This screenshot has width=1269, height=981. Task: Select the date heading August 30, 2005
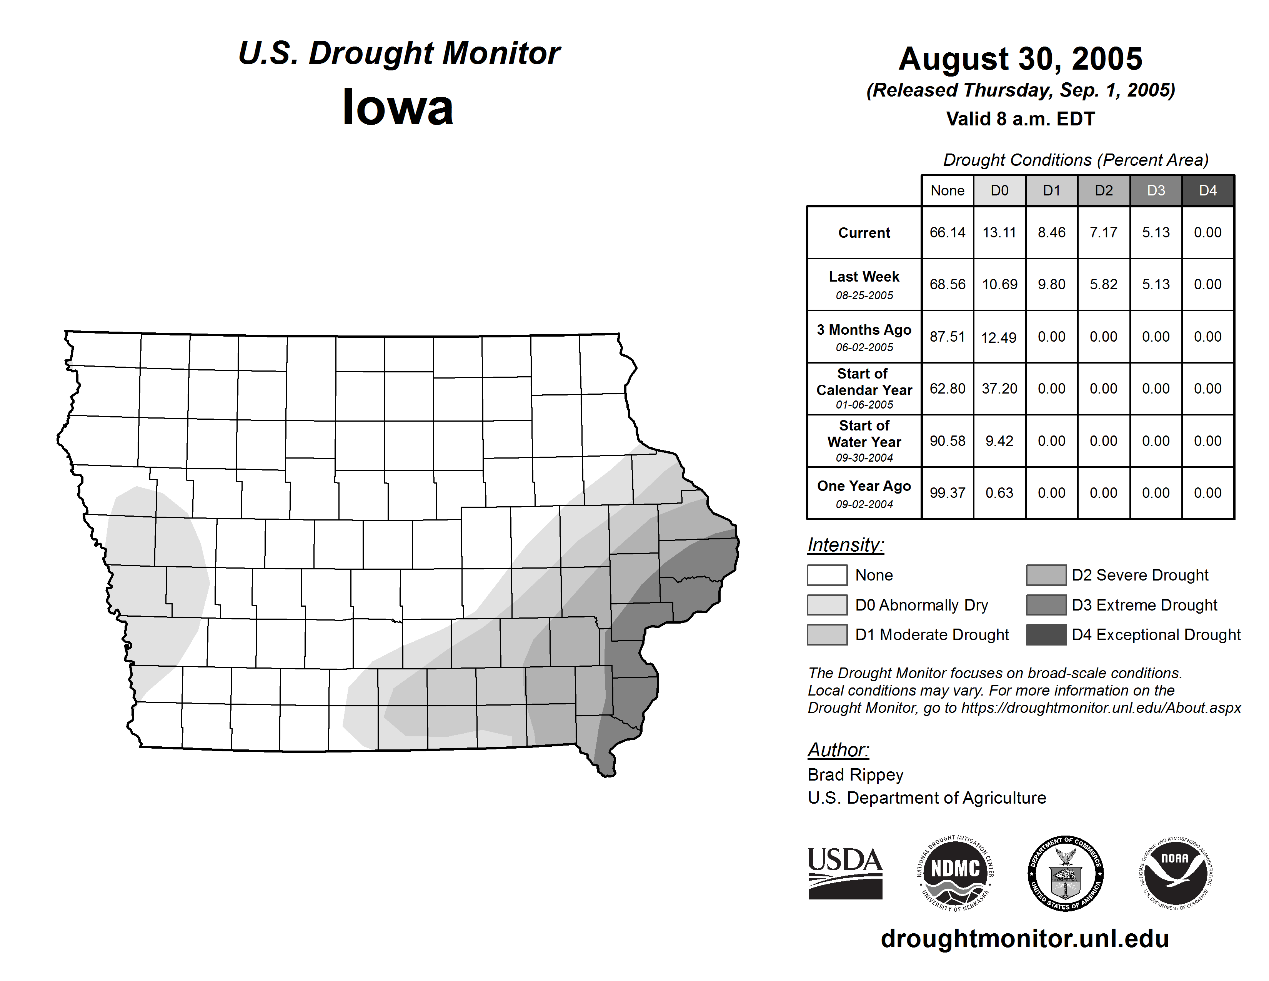(1020, 59)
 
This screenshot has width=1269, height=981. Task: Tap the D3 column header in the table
(1156, 190)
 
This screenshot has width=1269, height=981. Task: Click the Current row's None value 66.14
(947, 232)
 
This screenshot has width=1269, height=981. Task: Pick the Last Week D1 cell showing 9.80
(1052, 284)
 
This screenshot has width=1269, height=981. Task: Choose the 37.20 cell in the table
(999, 388)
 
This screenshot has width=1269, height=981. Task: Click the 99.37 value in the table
(947, 493)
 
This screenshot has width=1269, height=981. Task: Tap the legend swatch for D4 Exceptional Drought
(1046, 635)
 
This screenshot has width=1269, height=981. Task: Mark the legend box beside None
(827, 575)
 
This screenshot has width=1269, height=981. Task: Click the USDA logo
(845, 873)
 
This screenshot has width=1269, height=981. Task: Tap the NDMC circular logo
(955, 873)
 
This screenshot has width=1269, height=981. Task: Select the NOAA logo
(1176, 873)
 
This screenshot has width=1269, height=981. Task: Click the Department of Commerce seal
(1066, 873)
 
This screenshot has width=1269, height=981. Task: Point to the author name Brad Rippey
(855, 775)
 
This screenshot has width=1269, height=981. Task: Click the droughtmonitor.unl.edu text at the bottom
(1025, 939)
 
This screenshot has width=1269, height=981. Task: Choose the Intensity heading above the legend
(845, 545)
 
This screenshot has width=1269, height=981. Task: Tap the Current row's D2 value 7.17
(1103, 232)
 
